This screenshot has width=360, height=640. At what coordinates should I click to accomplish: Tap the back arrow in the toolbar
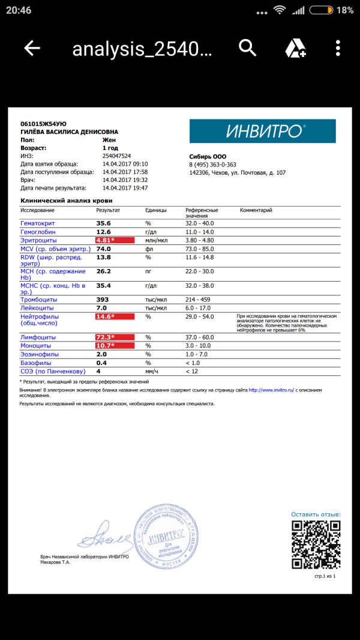pos(32,48)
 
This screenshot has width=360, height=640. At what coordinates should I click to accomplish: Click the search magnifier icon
pos(247,47)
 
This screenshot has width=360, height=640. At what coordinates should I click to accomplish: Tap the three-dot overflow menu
pos(338,48)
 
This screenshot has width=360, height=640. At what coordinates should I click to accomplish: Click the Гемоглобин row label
pos(38,232)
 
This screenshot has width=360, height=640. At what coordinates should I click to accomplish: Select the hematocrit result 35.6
pos(104,223)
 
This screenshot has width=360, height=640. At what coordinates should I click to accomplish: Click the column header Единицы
pos(156,211)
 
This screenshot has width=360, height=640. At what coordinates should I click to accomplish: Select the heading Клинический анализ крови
pos(67,201)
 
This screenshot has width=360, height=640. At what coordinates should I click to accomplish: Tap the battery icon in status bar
pos(322,10)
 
